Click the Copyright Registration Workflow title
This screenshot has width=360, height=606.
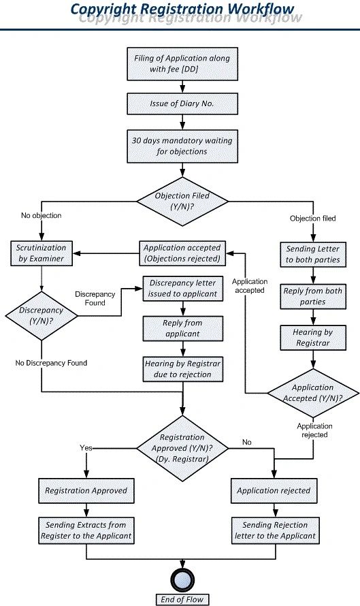[x=183, y=10]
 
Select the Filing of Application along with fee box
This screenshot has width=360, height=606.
[x=181, y=64]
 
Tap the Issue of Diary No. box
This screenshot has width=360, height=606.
[x=181, y=103]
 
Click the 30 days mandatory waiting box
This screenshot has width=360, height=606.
[x=181, y=146]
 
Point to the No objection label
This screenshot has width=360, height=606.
[x=42, y=216]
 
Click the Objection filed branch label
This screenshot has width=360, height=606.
[x=313, y=219]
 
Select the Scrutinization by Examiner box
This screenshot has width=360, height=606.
[x=42, y=254]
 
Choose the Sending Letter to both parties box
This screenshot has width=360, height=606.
[x=312, y=254]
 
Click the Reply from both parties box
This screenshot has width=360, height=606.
[x=312, y=296]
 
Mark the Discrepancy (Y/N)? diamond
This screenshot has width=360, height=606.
[x=42, y=315]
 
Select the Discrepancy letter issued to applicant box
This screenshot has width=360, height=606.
[x=182, y=289]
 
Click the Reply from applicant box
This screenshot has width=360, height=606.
[x=182, y=328]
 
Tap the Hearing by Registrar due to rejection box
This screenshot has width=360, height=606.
[x=182, y=369]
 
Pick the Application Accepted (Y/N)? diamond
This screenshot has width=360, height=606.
[x=312, y=393]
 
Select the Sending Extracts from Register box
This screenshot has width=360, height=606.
[x=86, y=530]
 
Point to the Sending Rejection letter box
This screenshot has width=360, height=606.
[x=274, y=530]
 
